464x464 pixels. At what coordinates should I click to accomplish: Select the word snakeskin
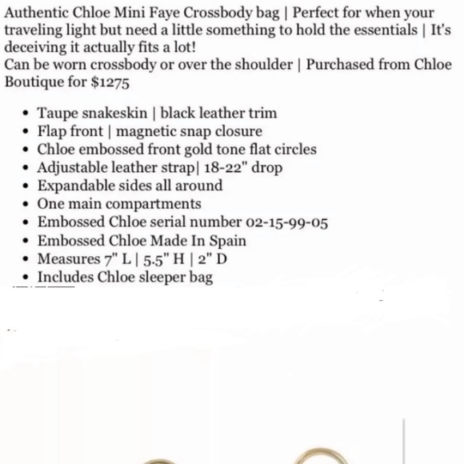click(116, 113)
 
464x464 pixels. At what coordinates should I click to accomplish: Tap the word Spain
click(227, 241)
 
